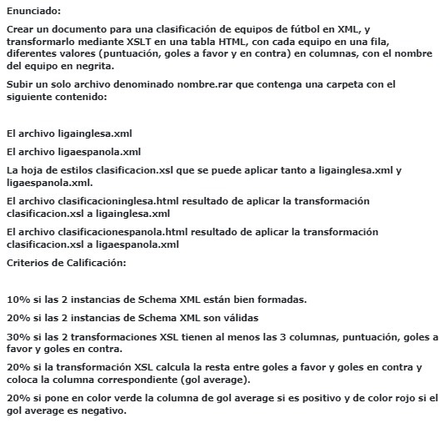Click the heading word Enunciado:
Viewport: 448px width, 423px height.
tap(33, 10)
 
